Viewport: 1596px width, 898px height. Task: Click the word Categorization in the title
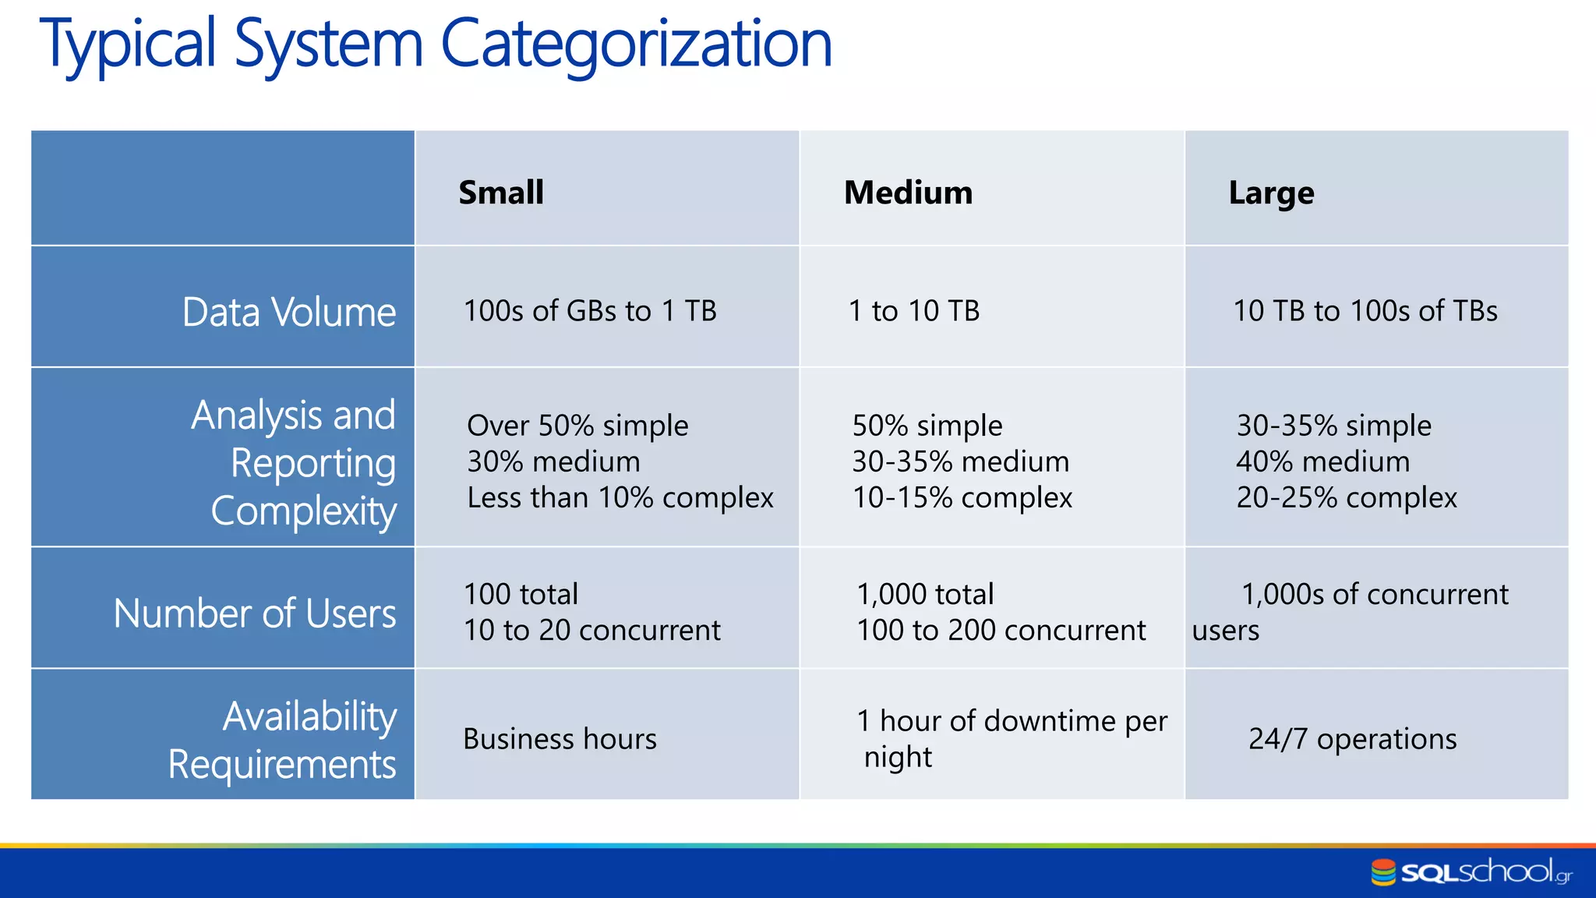pos(636,44)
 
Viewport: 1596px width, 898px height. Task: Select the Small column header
pos(500,193)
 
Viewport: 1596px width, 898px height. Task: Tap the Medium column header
pos(908,193)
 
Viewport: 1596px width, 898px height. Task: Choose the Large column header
pos(1271,193)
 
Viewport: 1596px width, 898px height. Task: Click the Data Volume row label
pos(288,313)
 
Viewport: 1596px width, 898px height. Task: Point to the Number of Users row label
pos(255,613)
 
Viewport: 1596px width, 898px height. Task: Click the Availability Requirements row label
pos(282,740)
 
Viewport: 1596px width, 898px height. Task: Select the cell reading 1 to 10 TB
pos(913,311)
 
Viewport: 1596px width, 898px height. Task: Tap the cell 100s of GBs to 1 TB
pos(590,311)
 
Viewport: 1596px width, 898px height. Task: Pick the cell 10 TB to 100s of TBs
pos(1365,311)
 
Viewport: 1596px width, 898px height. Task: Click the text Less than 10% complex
pos(620,497)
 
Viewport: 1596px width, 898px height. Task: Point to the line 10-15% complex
pos(962,497)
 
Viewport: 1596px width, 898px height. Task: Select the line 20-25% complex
pos(1346,497)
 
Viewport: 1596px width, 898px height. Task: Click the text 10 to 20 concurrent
pos(591,630)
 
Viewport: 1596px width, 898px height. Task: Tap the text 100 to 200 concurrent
pos(1001,630)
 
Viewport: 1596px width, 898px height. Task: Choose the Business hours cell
pos(560,739)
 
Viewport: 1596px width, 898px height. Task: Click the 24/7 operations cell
pos(1352,739)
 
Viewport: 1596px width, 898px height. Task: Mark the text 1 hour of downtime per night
pos(1012,738)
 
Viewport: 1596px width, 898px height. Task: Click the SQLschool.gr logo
pos(1471,872)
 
